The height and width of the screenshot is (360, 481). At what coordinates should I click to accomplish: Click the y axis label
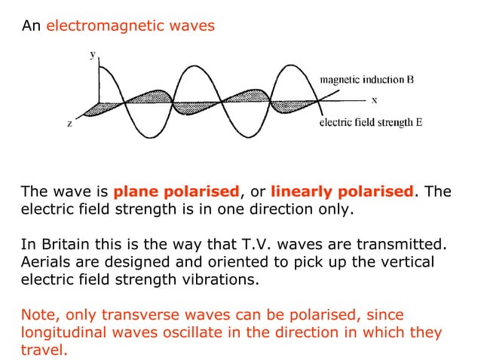pos(93,55)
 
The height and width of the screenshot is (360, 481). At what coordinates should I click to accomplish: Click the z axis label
pos(70,124)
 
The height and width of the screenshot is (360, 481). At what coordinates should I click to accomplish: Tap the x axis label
pos(374,99)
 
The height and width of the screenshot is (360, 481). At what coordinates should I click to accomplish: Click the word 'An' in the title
pos(31,26)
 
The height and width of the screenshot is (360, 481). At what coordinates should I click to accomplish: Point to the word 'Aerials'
pos(44,262)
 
